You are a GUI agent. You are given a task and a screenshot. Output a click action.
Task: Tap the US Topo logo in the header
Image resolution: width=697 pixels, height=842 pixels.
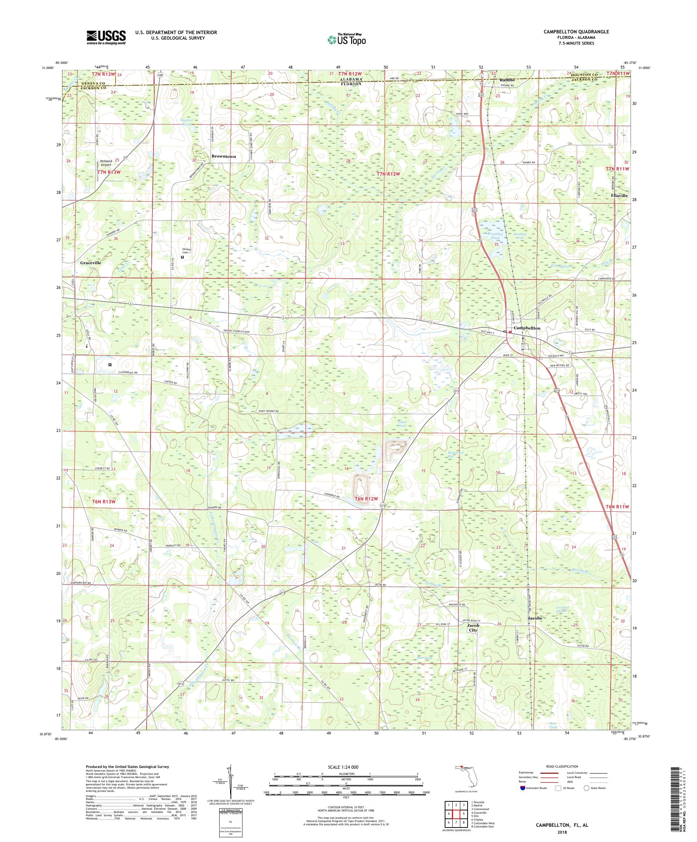(x=347, y=39)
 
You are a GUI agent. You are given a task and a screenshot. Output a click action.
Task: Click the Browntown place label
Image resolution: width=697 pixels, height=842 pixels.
(x=223, y=157)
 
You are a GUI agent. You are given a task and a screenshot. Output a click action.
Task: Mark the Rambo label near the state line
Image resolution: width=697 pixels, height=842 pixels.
(x=506, y=80)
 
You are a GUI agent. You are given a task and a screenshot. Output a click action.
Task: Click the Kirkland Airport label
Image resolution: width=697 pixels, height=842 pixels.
(x=106, y=163)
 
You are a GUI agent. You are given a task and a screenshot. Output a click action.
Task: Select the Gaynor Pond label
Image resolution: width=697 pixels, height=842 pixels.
(x=187, y=122)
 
